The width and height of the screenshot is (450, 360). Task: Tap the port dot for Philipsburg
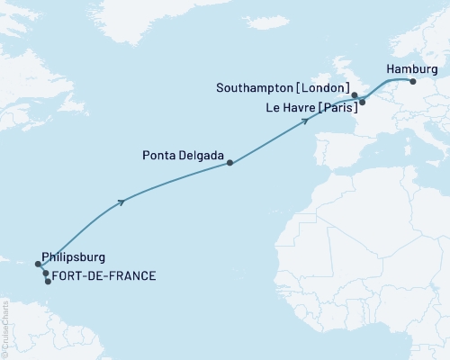[x=39, y=265]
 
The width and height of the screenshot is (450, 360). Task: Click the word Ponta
[x=159, y=155]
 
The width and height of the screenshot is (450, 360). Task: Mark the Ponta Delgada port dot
[x=230, y=163]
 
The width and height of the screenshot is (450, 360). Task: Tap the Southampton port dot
[x=355, y=94]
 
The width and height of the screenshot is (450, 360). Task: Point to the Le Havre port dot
[x=362, y=102]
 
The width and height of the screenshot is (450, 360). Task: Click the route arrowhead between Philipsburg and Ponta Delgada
[x=121, y=202]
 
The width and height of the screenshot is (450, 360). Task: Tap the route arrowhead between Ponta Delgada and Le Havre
[x=306, y=121]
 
